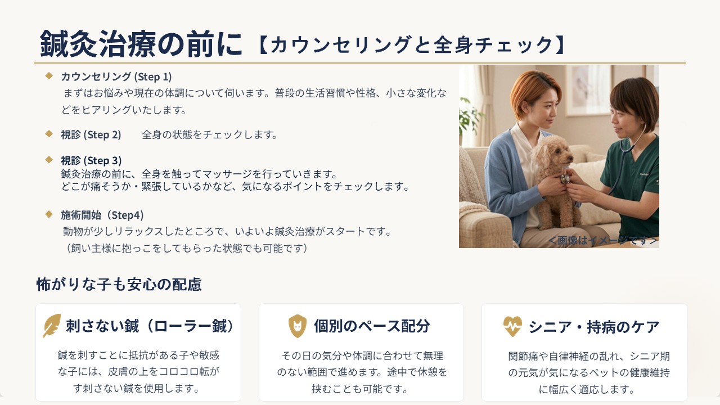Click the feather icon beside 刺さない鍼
(x=52, y=326)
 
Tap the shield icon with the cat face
(x=298, y=326)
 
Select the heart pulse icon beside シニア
(x=512, y=326)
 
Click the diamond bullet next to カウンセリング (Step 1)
(x=49, y=76)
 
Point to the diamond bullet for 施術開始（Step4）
(x=49, y=214)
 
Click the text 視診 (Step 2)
(x=91, y=134)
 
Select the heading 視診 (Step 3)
(x=91, y=160)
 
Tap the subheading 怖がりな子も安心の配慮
(x=119, y=285)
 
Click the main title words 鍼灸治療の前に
(x=141, y=44)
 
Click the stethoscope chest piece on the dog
(x=565, y=178)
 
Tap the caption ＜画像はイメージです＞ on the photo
(x=602, y=240)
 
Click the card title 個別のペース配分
(x=372, y=326)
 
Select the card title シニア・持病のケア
(x=594, y=327)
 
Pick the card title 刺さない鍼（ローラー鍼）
(x=150, y=326)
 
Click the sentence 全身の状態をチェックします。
(x=210, y=134)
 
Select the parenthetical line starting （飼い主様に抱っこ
(x=186, y=248)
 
